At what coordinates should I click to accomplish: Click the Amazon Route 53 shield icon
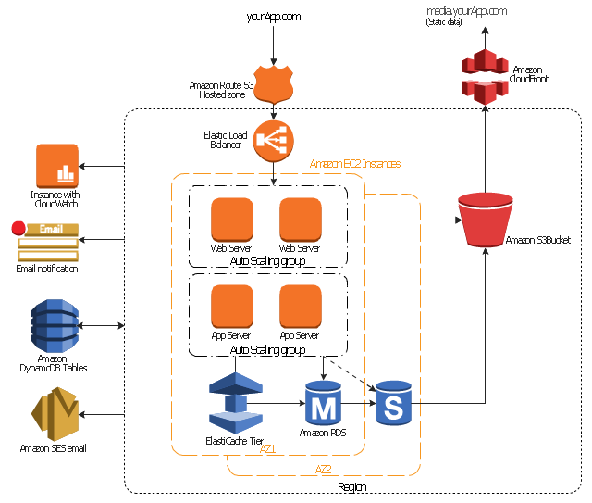273,84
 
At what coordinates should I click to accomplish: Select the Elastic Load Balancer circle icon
273,140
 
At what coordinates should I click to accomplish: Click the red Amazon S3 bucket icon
486,220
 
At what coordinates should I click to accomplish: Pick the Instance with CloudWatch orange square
56,166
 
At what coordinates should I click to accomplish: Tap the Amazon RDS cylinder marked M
324,404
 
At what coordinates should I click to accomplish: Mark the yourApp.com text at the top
274,17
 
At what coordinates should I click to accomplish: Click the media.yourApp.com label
466,10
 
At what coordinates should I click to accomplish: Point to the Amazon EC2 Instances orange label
355,164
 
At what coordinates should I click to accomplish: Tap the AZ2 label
323,470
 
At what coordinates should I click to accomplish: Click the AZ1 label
269,448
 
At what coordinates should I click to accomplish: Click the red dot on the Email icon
18,228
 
